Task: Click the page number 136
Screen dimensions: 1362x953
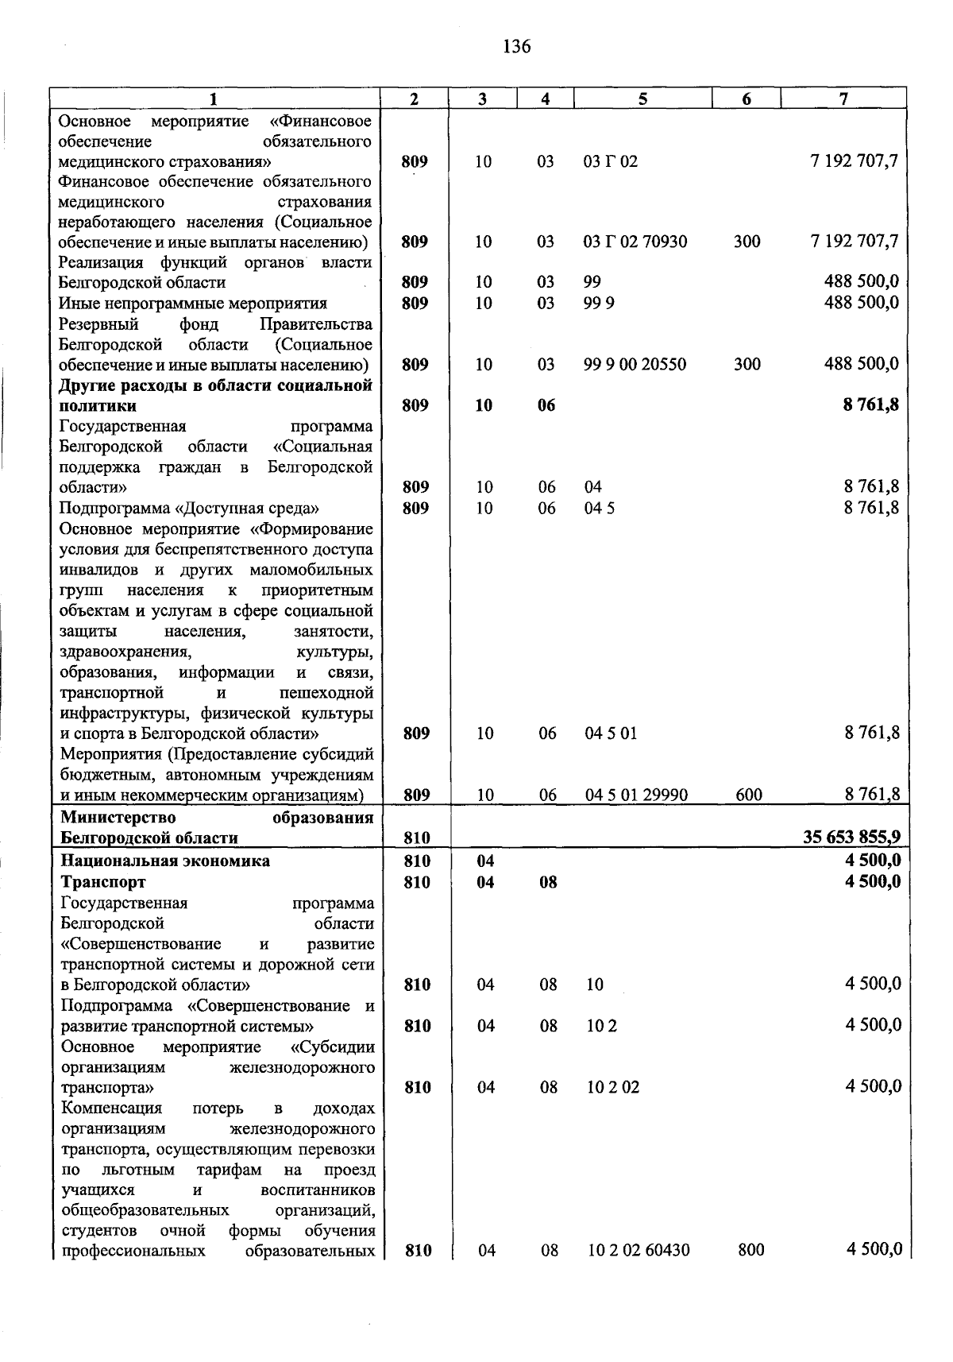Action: (x=516, y=47)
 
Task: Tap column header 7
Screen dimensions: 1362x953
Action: (x=843, y=99)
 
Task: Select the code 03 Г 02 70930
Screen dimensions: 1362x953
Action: (x=635, y=242)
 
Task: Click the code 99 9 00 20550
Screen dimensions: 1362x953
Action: (x=635, y=365)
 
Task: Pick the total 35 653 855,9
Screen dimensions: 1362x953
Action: (x=852, y=837)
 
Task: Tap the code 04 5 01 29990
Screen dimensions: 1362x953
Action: (x=636, y=795)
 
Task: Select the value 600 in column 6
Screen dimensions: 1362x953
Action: (x=748, y=795)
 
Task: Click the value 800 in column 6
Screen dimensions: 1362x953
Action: (x=750, y=1250)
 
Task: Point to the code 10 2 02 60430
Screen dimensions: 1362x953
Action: (x=639, y=1250)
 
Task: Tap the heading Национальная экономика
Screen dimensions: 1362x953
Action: (x=165, y=861)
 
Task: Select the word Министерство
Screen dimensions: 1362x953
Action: (x=118, y=818)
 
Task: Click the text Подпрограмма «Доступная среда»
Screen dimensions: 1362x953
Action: (x=190, y=508)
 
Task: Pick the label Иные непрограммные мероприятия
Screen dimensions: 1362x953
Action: (x=193, y=303)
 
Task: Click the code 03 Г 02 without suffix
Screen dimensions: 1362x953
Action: (x=610, y=161)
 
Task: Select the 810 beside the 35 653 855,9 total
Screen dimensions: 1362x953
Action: (x=417, y=838)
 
